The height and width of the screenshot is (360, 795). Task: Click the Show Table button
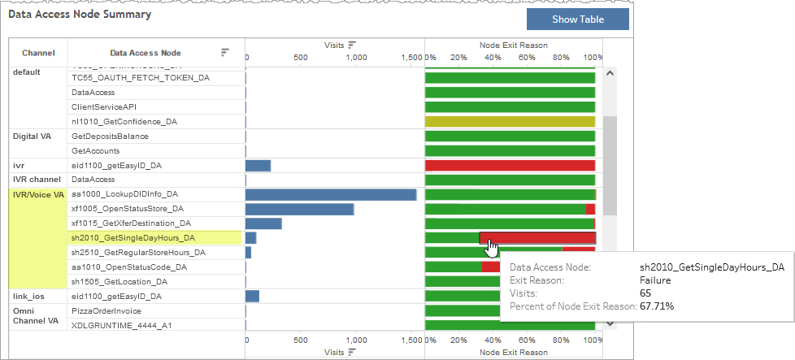(x=577, y=20)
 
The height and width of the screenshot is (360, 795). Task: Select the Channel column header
(x=38, y=53)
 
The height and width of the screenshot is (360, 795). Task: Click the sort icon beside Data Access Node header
(x=225, y=53)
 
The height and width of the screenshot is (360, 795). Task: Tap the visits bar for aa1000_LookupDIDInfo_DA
(x=330, y=194)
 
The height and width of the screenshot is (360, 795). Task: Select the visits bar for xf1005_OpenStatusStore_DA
(x=299, y=209)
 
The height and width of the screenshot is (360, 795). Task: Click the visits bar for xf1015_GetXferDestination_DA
(x=263, y=223)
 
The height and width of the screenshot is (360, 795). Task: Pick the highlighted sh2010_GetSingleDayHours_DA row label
(x=133, y=238)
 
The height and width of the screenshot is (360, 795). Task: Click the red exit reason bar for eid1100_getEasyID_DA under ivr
(x=510, y=166)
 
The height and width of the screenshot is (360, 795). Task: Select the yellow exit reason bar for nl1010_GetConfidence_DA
(x=510, y=121)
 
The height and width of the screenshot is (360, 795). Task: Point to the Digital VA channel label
(x=33, y=137)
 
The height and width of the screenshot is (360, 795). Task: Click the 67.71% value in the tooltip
(x=657, y=306)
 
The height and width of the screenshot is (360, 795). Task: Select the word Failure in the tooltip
(x=656, y=280)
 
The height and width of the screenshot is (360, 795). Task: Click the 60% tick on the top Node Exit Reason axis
(x=527, y=58)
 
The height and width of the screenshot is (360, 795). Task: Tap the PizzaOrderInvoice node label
(x=106, y=310)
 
